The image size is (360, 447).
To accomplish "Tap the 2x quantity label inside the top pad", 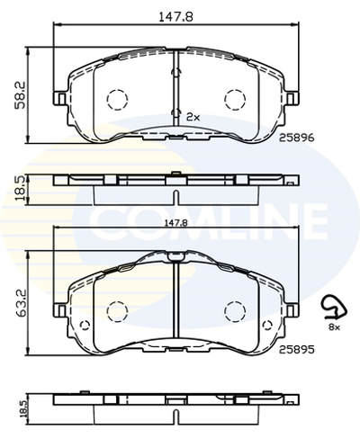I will [x=192, y=118].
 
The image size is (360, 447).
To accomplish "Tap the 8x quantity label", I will [x=334, y=329].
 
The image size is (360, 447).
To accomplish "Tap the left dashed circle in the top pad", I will [x=116, y=98].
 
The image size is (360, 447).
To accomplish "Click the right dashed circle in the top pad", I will [x=235, y=98].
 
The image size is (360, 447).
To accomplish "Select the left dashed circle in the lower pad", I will [x=116, y=310].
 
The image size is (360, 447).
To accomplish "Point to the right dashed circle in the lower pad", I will [x=235, y=310].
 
